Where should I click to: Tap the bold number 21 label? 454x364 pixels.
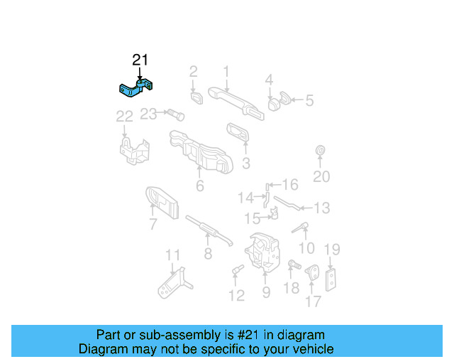click(140, 60)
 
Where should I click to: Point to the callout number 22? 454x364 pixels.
click(125, 116)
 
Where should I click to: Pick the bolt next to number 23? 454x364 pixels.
click(175, 114)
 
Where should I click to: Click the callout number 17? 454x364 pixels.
click(313, 301)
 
